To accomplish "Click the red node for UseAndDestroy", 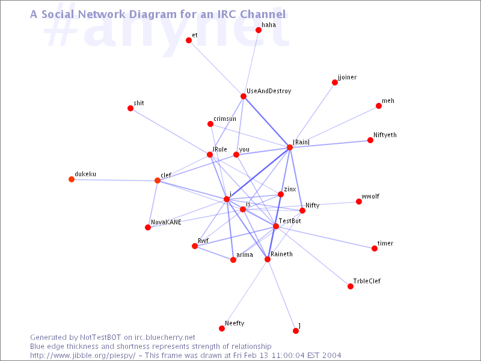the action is (x=244, y=96).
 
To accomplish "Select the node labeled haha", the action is (x=259, y=30).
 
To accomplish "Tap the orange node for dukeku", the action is (x=72, y=179).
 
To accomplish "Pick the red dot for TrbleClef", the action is (x=351, y=286).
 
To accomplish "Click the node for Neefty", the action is (x=222, y=329).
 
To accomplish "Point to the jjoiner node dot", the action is (x=335, y=82).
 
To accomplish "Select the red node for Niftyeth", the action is (x=370, y=140).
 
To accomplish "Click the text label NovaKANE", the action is (x=166, y=222).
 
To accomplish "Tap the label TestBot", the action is (x=290, y=221).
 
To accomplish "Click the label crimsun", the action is (x=225, y=119).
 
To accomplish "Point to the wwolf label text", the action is (x=370, y=197).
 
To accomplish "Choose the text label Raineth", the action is (x=281, y=254).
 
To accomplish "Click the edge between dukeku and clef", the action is (x=114, y=180).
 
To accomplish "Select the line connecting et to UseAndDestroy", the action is (x=216, y=69).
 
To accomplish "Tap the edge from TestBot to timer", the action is (x=325, y=237).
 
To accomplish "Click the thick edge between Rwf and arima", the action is (x=214, y=253).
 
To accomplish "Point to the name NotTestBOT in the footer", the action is (x=100, y=338).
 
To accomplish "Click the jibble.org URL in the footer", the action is (x=82, y=356).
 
